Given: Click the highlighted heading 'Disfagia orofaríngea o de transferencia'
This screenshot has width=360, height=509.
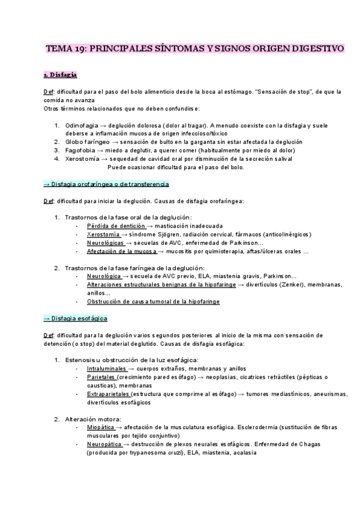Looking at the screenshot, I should tap(107, 184).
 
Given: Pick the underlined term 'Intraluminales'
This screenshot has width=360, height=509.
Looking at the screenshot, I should tap(107, 368).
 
